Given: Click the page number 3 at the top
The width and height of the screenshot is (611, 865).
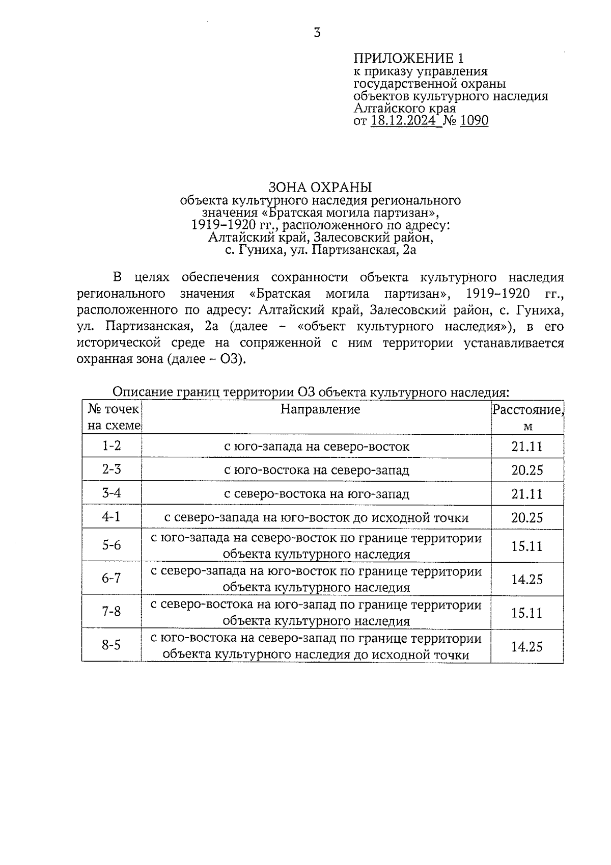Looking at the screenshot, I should click(x=317, y=33).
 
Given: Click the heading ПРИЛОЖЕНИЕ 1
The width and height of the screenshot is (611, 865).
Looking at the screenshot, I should click(x=408, y=58).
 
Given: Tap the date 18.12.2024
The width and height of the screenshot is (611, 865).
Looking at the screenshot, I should click(x=403, y=121).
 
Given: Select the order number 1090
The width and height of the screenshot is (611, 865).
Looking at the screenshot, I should click(x=474, y=121).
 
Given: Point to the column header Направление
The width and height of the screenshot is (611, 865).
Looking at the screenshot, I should click(x=320, y=409).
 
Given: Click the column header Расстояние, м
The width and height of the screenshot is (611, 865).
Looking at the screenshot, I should click(x=527, y=417).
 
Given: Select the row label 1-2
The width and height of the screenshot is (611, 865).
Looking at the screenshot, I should click(x=112, y=446).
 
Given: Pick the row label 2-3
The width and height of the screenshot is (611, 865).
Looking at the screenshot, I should click(x=112, y=469).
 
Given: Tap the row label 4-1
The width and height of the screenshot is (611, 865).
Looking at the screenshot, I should click(x=112, y=517).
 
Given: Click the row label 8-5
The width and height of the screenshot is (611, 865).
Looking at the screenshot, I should click(x=112, y=646).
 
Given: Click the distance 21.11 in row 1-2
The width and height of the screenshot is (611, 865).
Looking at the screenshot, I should click(x=527, y=447).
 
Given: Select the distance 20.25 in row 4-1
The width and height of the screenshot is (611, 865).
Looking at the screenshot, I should click(x=527, y=518).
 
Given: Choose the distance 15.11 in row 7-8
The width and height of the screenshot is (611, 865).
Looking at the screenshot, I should click(x=527, y=613).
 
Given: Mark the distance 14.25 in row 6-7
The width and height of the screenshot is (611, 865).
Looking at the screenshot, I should click(x=527, y=580).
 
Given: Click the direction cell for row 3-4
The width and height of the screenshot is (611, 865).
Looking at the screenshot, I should click(x=316, y=494).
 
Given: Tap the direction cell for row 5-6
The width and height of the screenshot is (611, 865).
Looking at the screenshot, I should click(x=316, y=546).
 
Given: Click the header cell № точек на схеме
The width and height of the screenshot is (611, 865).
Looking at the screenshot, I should click(x=113, y=417).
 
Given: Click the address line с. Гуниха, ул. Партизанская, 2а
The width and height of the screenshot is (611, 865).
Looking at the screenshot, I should click(x=320, y=250).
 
